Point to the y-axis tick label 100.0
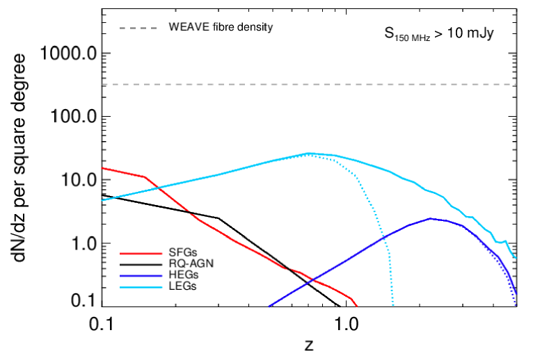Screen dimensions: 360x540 pyautogui.click(x=70, y=117)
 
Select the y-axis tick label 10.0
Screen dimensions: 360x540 pyautogui.click(x=74, y=180)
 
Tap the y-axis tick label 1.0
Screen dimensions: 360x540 pyautogui.click(x=79, y=244)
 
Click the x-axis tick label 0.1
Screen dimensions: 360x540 pyautogui.click(x=102, y=323)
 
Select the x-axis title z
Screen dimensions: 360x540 pyautogui.click(x=308, y=345)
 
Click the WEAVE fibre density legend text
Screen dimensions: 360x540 pyautogui.click(x=221, y=28)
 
